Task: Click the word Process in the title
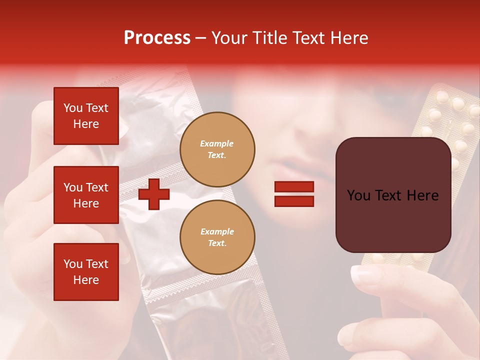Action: pos(157,38)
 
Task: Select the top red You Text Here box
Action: pos(86,116)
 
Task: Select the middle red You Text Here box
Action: pos(86,195)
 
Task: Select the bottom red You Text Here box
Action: pos(86,272)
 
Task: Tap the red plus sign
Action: pos(153,194)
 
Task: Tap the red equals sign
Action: pos(294,194)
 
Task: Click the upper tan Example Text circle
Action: pos(217,149)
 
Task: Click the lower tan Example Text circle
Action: pos(217,237)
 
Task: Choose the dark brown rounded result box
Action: pos(393,195)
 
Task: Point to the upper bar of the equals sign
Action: pos(294,186)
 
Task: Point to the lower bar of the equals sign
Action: pos(294,201)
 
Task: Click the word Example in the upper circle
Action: pos(217,143)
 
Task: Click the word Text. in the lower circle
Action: pos(217,243)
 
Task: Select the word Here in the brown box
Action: pos(422,195)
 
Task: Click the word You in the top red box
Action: pos(73,108)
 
